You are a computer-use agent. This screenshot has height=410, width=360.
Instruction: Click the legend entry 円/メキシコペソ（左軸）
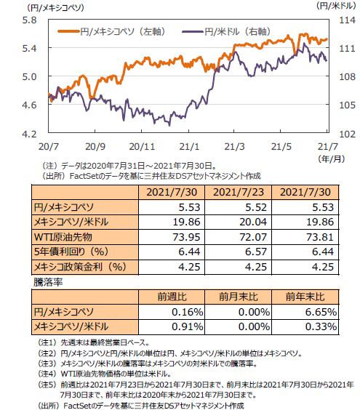point(111,32)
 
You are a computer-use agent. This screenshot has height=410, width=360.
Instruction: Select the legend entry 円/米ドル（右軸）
point(226,32)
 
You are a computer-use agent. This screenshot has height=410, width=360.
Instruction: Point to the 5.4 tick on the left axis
point(29,48)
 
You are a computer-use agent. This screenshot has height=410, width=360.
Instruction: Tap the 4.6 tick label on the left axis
point(29,105)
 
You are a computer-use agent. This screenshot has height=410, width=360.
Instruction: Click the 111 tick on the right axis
point(347,48)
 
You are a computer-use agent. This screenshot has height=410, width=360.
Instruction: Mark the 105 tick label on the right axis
point(347,105)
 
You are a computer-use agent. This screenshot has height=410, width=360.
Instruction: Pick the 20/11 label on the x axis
point(142,146)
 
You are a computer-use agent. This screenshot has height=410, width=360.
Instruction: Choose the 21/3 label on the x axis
point(234,146)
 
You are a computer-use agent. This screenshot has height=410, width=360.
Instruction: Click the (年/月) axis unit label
point(332,158)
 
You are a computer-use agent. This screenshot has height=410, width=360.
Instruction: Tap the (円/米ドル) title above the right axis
point(336,6)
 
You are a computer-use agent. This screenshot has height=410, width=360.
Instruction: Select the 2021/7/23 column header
point(239,192)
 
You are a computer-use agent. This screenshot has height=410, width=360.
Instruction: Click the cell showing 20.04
point(253,222)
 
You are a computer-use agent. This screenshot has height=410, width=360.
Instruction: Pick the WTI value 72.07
point(253,237)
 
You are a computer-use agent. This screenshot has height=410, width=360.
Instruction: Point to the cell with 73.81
point(320,237)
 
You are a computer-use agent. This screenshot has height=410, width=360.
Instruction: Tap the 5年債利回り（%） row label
point(71,252)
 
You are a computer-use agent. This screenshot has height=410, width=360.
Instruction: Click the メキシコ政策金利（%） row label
point(80,267)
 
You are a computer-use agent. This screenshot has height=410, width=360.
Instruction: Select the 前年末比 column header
point(305,297)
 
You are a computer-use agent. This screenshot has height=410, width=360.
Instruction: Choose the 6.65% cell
point(321,312)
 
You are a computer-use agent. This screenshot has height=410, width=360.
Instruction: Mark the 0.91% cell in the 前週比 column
point(188,326)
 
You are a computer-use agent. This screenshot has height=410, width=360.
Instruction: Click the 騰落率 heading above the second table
point(48,282)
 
